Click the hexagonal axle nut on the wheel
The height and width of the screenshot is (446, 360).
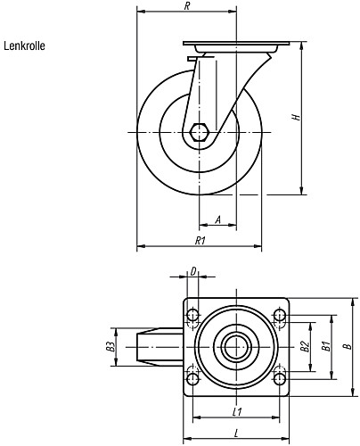[x=201, y=133]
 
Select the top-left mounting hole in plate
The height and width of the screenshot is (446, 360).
[x=192, y=314]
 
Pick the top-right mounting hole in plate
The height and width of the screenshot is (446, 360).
[x=280, y=314]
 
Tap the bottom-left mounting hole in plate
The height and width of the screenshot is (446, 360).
[x=192, y=374]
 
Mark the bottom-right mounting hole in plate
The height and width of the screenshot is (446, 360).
[x=280, y=374]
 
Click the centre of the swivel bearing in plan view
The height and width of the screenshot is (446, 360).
[x=236, y=344]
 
